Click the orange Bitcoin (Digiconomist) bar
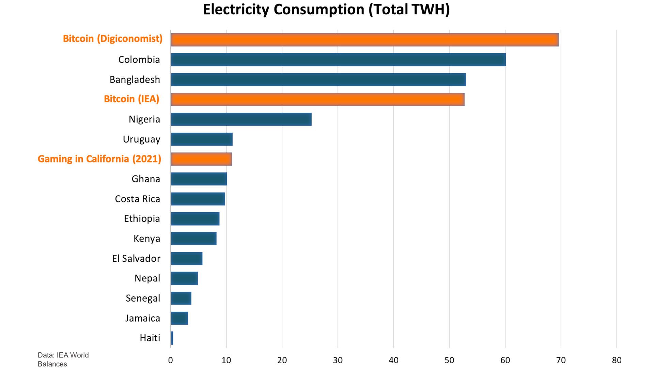coord(364,40)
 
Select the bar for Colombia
coord(338,60)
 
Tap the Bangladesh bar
coord(318,79)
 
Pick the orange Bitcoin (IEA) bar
coord(317,99)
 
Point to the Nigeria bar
coord(241,119)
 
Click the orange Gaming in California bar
coord(201,159)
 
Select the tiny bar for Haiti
coord(172,338)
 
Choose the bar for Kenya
coord(193,239)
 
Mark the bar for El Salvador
coord(187,259)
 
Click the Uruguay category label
coord(141,139)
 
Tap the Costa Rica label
coord(137,199)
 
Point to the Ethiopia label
coord(142,219)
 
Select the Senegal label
coord(143,298)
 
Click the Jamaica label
coord(142,318)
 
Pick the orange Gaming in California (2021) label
coord(99,159)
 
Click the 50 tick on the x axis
coord(449,361)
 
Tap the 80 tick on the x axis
coord(617,361)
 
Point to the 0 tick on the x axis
coord(171,361)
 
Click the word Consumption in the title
coord(319,10)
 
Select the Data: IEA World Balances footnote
coord(63,359)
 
